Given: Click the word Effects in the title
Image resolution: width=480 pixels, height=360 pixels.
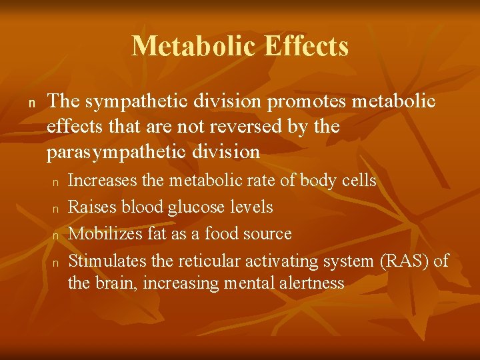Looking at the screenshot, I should pos(306,47).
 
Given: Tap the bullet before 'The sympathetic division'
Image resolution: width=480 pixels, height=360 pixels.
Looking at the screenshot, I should pos(31,103).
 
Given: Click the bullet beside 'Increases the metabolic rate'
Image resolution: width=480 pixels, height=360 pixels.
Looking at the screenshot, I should pos(57,182).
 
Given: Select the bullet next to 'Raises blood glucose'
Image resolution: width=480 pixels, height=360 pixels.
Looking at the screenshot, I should pos(57,209).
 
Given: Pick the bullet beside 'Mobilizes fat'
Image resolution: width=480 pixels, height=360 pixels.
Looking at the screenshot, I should pos(57,235).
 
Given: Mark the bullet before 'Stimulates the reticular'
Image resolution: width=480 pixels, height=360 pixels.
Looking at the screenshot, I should pos(57,262).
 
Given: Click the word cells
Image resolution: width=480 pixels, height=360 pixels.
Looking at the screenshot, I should pos(358,181).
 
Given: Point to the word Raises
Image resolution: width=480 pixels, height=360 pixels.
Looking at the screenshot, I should pos(90,207).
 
